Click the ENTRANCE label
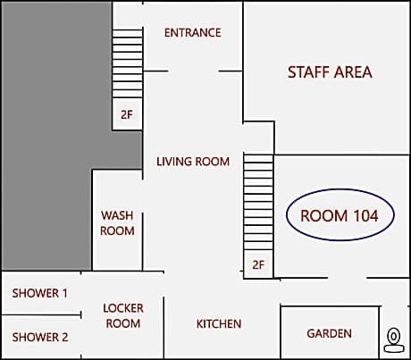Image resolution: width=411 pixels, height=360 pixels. tap(193, 32)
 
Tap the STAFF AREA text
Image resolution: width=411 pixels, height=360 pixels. tap(330, 72)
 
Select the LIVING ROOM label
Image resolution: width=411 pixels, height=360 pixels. tap(193, 162)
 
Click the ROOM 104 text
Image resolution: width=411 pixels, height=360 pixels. tap(340, 215)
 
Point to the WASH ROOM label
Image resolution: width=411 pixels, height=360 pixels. tap(117, 223)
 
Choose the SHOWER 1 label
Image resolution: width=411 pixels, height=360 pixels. tap(40, 293)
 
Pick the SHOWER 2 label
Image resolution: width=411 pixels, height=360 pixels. tap(40, 337)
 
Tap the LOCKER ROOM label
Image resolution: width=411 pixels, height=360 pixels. tap(123, 315)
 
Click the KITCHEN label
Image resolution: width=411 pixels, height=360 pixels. tap(219, 323)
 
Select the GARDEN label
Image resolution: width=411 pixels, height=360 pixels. tap(330, 333)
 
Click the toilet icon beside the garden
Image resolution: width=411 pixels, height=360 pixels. tap(394, 339)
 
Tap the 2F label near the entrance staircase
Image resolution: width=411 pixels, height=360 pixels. tap(127, 114)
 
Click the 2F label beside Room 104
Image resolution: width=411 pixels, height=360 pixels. tap(258, 264)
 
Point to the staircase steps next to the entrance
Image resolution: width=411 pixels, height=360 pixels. tap(128, 63)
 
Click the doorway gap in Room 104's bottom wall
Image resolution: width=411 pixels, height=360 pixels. tap(348, 278)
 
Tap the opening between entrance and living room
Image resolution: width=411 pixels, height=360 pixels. tap(193, 71)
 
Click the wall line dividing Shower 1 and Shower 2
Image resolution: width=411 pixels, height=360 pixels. tap(42, 314)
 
